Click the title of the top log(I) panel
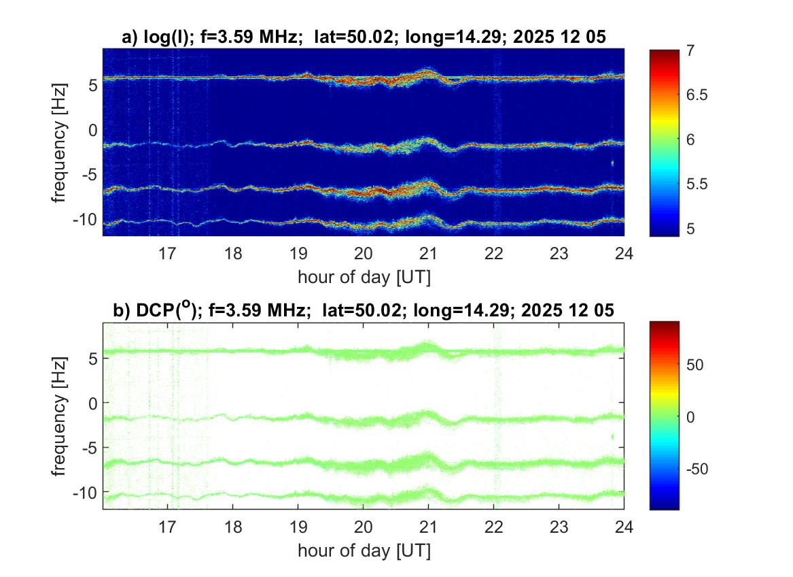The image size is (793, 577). (364, 38)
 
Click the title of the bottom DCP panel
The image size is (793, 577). (364, 311)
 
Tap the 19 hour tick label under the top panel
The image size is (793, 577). (298, 254)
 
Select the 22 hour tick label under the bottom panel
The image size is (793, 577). (494, 526)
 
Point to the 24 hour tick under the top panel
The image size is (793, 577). (624, 254)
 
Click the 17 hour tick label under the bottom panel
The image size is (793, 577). (168, 526)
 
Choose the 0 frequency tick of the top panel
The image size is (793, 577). (93, 129)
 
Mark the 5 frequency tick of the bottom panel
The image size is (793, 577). (93, 357)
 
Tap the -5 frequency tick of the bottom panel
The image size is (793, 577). (88, 447)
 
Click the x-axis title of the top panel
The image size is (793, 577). (364, 277)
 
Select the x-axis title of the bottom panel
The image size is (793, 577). (364, 549)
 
